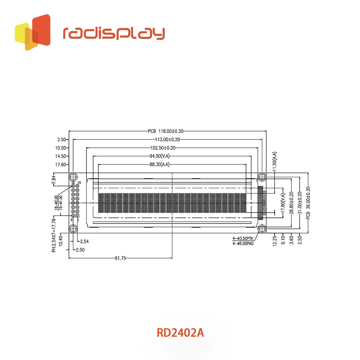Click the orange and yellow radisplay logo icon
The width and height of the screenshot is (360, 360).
pyautogui.click(x=32, y=32)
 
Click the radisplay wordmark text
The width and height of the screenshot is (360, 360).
pyautogui.click(x=114, y=33)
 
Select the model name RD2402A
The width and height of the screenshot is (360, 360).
pyautogui.click(x=180, y=333)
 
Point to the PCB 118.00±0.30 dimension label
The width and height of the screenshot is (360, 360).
pyautogui.click(x=166, y=131)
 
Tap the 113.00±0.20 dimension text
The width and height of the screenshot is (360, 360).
pyautogui.click(x=167, y=139)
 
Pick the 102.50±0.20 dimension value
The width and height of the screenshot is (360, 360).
pyautogui.click(x=163, y=148)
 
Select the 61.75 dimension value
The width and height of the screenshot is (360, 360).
pyautogui.click(x=121, y=258)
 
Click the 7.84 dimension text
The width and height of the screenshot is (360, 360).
pyautogui.click(x=53, y=180)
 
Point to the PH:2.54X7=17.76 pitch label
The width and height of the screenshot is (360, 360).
pyautogui.click(x=54, y=235)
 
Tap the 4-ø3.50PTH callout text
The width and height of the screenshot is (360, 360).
pyautogui.click(x=243, y=238)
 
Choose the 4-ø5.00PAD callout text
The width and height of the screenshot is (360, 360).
pyautogui.click(x=243, y=244)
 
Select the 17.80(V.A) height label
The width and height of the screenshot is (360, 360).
pyautogui.click(x=282, y=204)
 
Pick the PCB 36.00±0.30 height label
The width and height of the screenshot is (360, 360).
pyautogui.click(x=308, y=203)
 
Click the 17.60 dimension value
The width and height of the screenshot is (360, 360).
pyautogui.click(x=61, y=164)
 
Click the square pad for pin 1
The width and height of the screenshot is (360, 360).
pyautogui.click(x=77, y=215)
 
